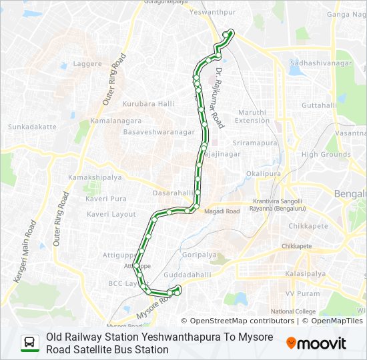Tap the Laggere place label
87,64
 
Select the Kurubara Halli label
148,103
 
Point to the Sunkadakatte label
32,126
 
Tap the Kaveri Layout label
111,214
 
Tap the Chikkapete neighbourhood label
308,226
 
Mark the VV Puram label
299,293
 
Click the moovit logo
316,343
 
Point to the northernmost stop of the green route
231,31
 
